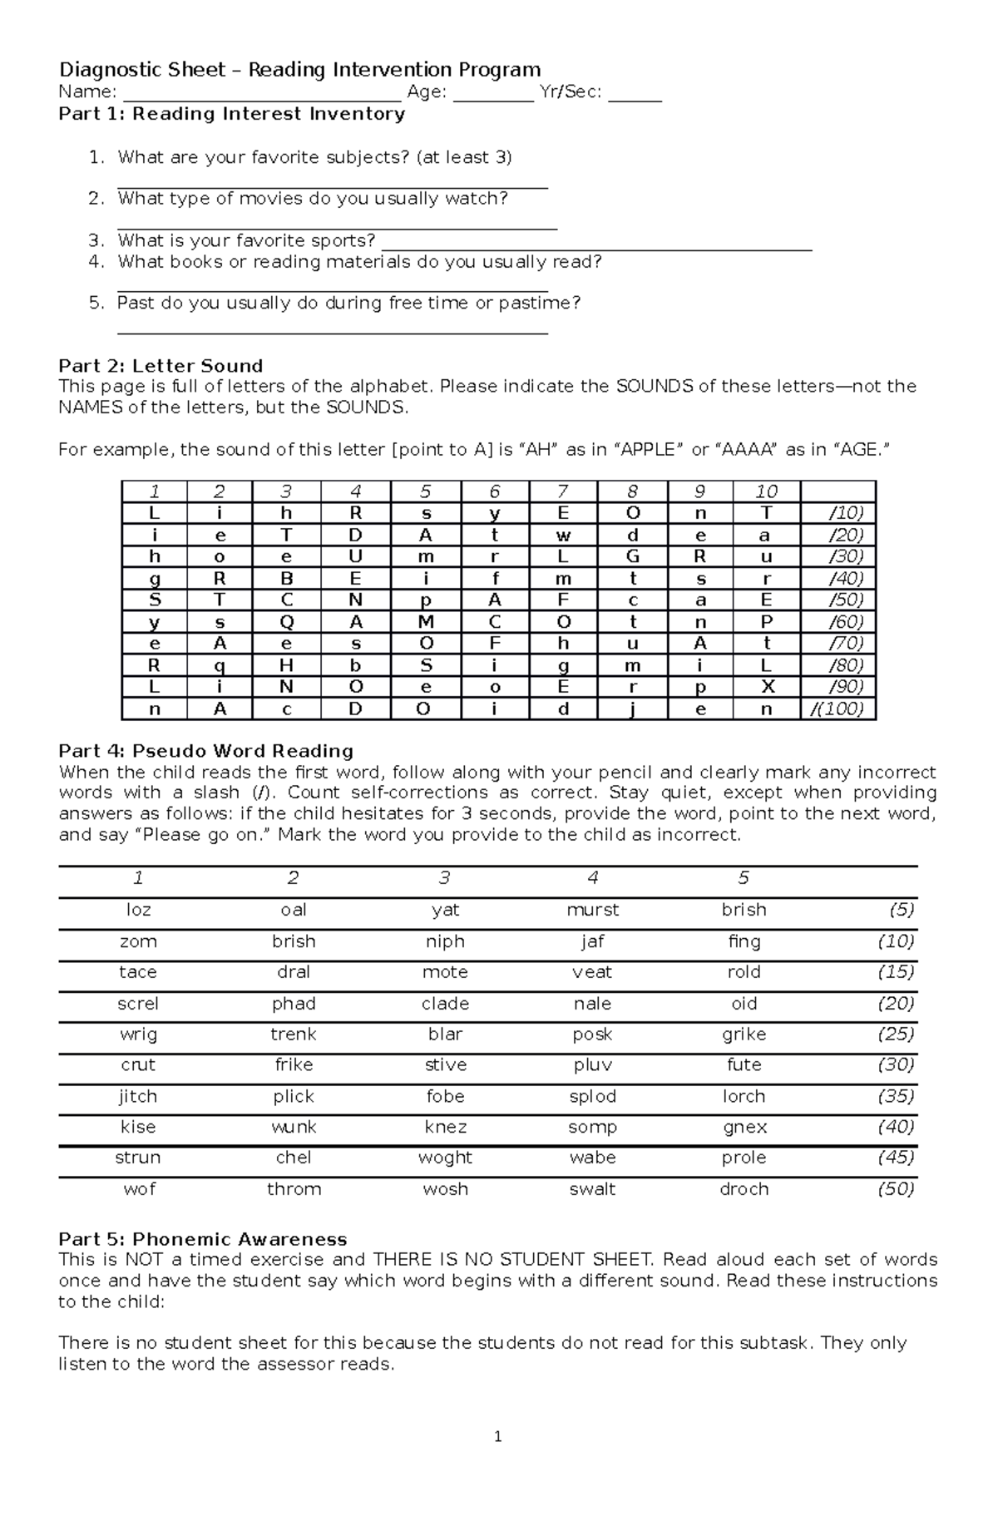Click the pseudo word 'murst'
coord(592,910)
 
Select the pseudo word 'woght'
coord(445,1158)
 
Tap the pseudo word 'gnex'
coord(744,1127)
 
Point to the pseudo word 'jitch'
coord(138,1096)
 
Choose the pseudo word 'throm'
coord(294,1189)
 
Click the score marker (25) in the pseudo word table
coord(896,1034)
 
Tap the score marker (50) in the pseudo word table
coord(896,1189)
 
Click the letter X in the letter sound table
coord(767,687)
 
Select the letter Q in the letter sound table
coord(287,622)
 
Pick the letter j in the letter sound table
coord(632,709)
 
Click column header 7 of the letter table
coord(563,491)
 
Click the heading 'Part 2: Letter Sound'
coord(161,366)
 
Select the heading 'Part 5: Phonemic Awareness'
coord(203,1239)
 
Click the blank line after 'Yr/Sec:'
coord(635,94)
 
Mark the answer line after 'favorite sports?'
coord(595,243)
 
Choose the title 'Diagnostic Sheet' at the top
coord(141,70)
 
